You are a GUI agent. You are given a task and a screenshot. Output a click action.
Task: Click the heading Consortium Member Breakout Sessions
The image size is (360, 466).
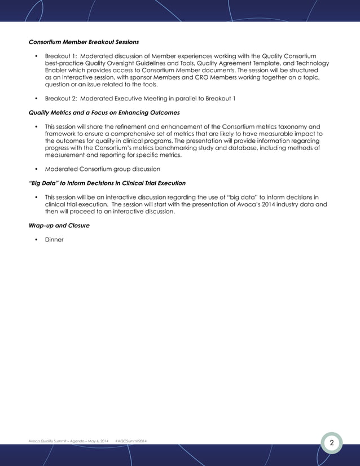coord(84,42)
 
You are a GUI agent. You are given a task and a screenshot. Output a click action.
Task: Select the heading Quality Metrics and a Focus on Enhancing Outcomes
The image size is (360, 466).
coord(104,112)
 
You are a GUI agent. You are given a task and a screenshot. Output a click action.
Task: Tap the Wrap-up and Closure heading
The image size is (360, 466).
coord(59,226)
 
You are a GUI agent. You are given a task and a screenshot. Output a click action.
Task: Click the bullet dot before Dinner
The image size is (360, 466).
coord(36,240)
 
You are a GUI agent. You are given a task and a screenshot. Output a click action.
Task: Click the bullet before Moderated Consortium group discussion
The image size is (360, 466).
coord(36,169)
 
